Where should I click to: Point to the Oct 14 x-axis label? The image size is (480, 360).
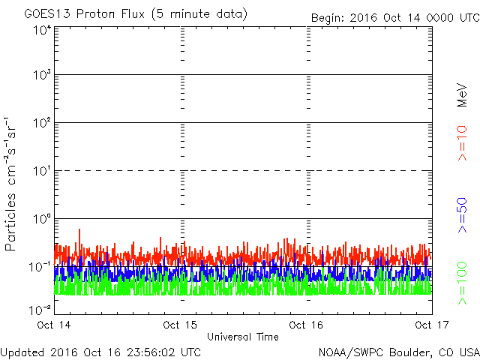pyautogui.click(x=55, y=325)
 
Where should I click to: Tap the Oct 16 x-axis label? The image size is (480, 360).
pyautogui.click(x=306, y=325)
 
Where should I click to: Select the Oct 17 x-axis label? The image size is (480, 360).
pyautogui.click(x=431, y=325)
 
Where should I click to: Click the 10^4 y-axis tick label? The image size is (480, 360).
pyautogui.click(x=42, y=30)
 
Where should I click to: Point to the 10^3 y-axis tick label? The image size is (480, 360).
pyautogui.click(x=42, y=75)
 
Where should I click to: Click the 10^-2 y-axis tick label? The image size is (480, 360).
pyautogui.click(x=40, y=310)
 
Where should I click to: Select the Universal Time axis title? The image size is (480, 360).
pyautogui.click(x=242, y=337)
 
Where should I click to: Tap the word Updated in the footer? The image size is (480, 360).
pyautogui.click(x=22, y=351)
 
